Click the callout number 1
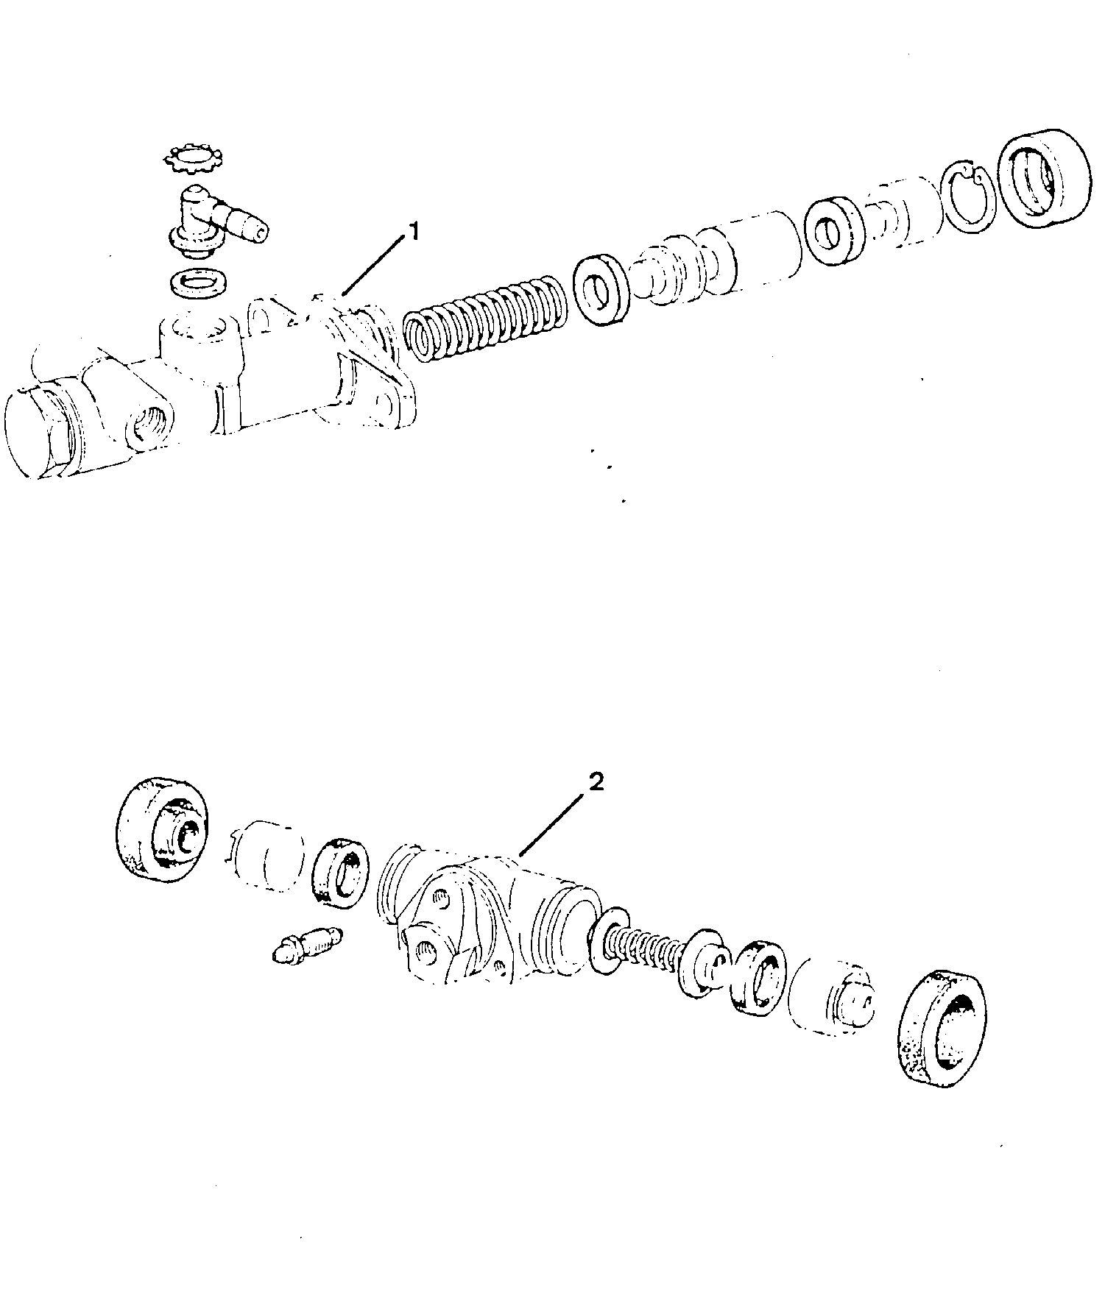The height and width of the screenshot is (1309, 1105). point(414,233)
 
